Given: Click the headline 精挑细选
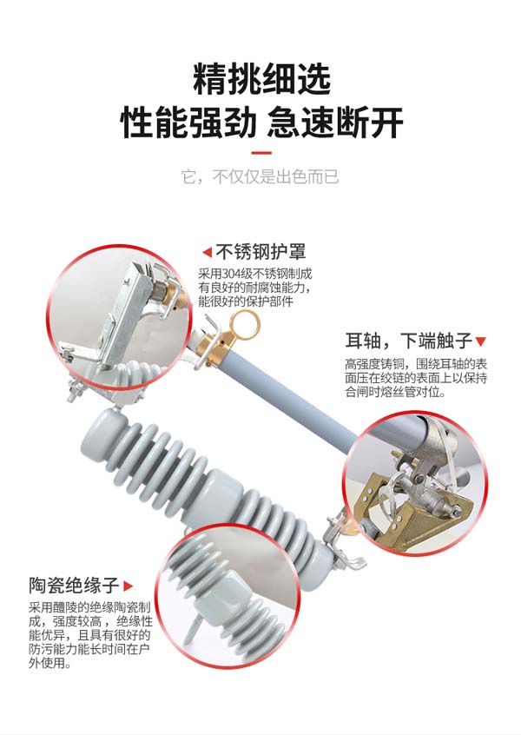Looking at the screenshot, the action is coord(261,80).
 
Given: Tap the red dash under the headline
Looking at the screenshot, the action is coord(261,153).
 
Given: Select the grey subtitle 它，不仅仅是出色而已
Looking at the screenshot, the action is coord(260,177).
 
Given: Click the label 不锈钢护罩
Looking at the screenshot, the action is coord(260,252).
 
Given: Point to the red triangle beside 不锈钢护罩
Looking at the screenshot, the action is coord(207,252).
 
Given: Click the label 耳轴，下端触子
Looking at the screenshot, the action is coord(408,341).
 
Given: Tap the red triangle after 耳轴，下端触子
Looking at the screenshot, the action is coord(481,341).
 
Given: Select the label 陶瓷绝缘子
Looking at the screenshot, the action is coord(74,585).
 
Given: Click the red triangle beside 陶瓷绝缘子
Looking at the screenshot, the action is coord(128,586).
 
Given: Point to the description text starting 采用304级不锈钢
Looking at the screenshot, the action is coord(255,288).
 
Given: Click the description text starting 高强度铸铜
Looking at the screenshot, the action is coord(416,377).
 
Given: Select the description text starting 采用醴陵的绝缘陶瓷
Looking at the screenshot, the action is coord(90,635).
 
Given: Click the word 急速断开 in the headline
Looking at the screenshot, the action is coord(335,122).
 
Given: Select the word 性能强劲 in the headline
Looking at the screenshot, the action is coord(188,122).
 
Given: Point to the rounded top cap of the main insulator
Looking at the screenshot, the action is coord(102,430).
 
